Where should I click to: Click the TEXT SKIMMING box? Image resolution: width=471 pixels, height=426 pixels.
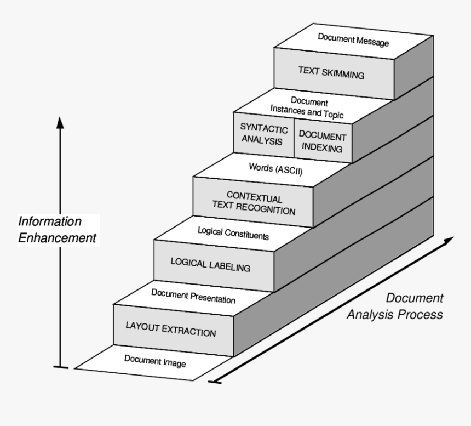(331, 73)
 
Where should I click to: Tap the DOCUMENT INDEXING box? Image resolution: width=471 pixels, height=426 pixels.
(323, 141)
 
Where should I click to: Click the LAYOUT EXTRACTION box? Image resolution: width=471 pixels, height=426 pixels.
(171, 329)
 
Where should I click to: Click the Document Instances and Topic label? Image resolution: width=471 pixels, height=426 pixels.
(309, 107)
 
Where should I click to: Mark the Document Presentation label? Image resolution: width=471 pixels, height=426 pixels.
(193, 296)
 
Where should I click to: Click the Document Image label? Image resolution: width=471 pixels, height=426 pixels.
(155, 361)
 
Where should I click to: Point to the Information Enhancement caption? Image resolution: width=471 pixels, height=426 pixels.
(58, 230)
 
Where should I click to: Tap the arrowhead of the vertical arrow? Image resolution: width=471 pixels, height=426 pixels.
(60, 122)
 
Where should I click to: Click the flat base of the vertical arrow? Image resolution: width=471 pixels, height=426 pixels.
(61, 367)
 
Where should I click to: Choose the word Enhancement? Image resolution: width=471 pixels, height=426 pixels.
(58, 239)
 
